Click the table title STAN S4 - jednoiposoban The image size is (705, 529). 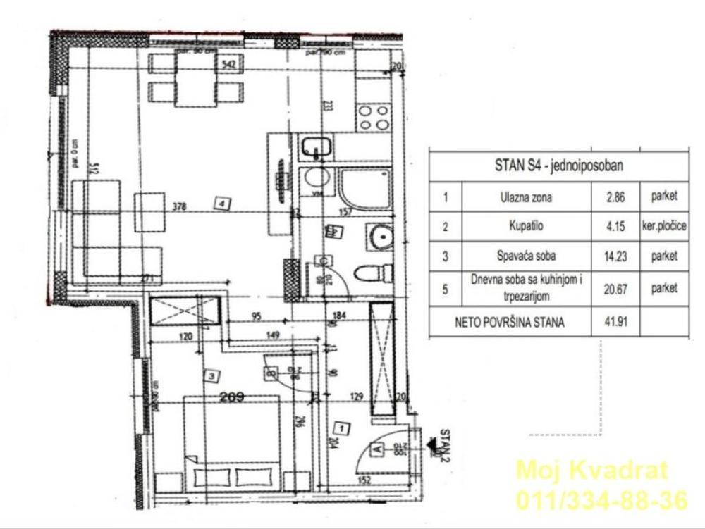point(558,167)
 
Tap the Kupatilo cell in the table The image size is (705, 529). point(525,228)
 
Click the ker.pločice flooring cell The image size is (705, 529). point(664,228)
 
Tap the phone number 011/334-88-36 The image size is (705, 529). point(601,501)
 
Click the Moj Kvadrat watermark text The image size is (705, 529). point(591,470)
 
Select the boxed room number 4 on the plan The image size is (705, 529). point(223,204)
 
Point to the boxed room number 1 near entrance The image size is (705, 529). point(341,427)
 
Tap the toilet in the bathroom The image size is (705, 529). point(373,273)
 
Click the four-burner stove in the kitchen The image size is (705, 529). point(373,117)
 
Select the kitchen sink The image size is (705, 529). point(316,148)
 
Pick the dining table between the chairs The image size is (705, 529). point(195,80)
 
